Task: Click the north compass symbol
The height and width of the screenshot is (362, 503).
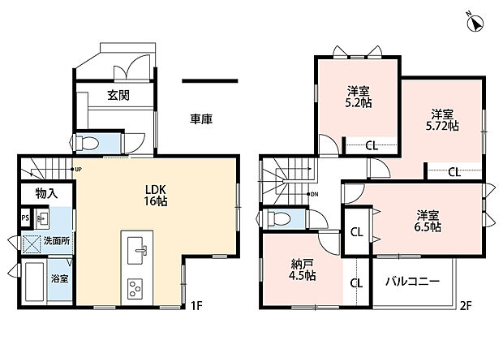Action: [475, 23]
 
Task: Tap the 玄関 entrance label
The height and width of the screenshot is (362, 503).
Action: [118, 95]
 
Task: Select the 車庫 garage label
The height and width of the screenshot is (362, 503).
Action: [201, 119]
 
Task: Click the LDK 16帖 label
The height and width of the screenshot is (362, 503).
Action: [155, 195]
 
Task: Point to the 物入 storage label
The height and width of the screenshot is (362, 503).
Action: [47, 193]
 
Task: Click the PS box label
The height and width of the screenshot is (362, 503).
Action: [25, 218]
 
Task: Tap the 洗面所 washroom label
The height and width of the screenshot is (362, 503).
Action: [57, 241]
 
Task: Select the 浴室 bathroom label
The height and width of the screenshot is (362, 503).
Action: [60, 278]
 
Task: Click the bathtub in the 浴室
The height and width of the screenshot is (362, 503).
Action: [34, 282]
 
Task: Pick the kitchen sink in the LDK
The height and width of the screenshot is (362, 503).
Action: [137, 250]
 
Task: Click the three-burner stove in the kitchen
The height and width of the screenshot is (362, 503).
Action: [135, 288]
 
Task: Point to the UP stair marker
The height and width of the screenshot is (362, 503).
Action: [76, 169]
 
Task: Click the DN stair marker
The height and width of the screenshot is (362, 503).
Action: [312, 194]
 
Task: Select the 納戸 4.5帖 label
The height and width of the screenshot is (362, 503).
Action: [303, 269]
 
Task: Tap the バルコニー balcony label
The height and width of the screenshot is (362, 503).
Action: [412, 282]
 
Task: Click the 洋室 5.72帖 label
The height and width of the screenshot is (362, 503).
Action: [442, 119]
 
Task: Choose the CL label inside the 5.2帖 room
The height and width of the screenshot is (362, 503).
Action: [372, 146]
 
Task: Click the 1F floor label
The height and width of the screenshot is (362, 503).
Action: [196, 306]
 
